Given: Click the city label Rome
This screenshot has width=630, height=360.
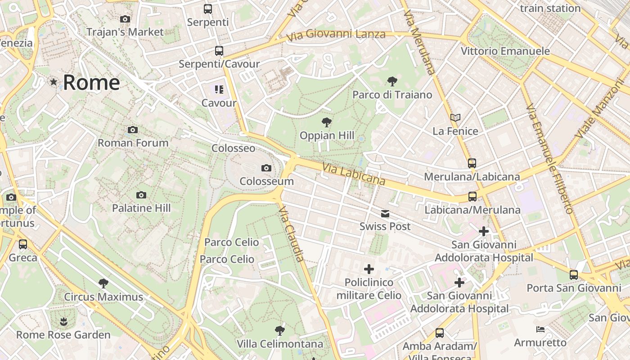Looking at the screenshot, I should coord(91,82).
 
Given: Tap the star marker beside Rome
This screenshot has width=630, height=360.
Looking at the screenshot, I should coord(54,82).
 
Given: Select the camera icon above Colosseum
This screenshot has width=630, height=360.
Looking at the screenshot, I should coord(266,168).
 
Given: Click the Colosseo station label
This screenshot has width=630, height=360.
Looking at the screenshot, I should coord(233,148).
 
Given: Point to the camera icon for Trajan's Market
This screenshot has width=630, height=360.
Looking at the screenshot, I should coord(125,19).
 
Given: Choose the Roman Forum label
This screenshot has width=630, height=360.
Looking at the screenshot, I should coord(133,143).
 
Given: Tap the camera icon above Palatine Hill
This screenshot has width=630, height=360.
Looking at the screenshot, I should coord(141,195).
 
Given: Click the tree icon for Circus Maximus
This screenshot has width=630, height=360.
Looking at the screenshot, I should coord(103,283).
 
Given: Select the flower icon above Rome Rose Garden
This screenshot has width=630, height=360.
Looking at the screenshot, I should coord(63,321).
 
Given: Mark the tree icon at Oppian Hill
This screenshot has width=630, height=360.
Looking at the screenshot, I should coord(327,122).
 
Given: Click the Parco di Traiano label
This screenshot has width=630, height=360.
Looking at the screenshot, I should coord(392,94).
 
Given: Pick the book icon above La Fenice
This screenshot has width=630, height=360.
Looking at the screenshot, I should coord(455,117).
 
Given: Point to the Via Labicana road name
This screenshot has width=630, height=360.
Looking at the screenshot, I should coord(354,174).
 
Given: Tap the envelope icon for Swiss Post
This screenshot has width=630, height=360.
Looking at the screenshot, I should coord(385,213).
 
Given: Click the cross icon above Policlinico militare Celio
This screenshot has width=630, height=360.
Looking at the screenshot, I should coord(369,269).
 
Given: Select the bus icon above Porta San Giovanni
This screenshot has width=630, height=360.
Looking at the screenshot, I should coord(574,274).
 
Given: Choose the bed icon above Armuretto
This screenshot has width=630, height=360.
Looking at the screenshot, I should coord(540,329).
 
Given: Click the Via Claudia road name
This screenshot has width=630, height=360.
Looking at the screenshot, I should coord(291,234).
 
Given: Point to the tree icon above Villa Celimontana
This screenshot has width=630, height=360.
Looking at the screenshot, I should coord(280,331).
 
